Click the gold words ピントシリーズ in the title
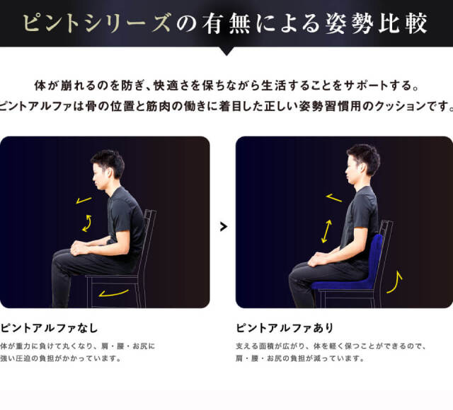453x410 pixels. pos(96,23)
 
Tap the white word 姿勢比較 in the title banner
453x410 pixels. pos(376,23)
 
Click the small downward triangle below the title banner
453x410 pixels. pos(226,51)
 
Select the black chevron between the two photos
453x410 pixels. pos(224,226)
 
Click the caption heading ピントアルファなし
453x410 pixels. pos(49,328)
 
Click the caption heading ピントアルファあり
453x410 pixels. pos(285,328)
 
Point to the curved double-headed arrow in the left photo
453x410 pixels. pos(87,223)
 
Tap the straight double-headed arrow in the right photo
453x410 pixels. pos(326,231)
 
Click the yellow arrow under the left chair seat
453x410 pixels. pos(113,293)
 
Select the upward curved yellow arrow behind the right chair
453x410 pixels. pos(395,283)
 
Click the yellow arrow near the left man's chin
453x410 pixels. pos(84,200)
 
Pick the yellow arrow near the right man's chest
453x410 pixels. pos(334,198)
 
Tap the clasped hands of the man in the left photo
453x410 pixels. pos(79,248)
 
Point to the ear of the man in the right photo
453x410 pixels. pos(362,168)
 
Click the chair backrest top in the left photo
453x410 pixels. pos(150,212)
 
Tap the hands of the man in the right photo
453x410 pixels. pos(317,259)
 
